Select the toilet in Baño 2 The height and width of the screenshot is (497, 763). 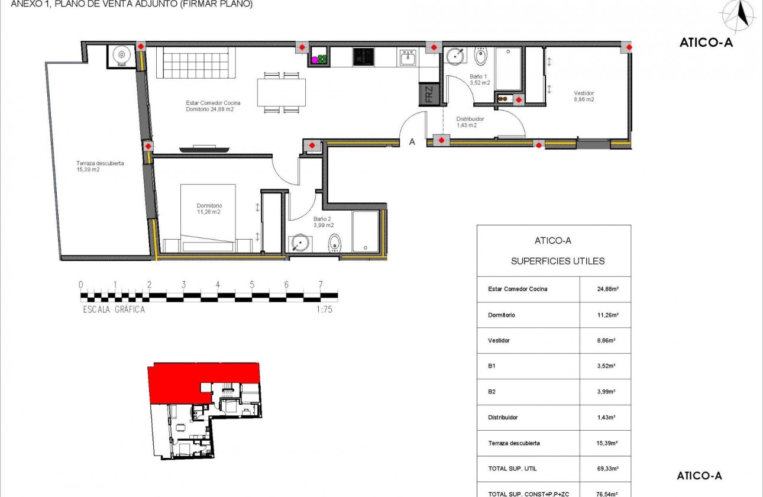[x=335, y=242]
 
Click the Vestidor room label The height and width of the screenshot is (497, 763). [x=584, y=96]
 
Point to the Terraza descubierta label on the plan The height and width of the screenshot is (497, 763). [x=99, y=166]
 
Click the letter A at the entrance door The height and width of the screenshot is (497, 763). [x=412, y=142]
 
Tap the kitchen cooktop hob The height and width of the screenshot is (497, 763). [x=363, y=57]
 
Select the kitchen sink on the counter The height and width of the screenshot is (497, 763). [x=408, y=58]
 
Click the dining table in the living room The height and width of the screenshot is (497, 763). [x=281, y=92]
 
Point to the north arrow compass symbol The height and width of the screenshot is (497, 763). [x=736, y=16]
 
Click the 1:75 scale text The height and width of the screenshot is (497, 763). [x=324, y=309]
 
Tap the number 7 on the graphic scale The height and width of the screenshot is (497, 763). [x=321, y=285]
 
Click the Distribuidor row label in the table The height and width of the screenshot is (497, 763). [x=503, y=417]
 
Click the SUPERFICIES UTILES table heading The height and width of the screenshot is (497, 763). [x=557, y=261]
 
